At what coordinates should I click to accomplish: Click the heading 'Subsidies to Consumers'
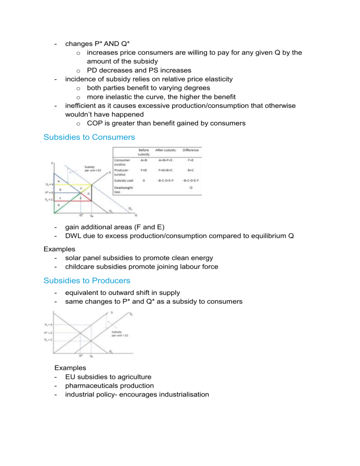point(90,137)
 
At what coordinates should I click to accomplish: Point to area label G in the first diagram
point(59,205)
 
